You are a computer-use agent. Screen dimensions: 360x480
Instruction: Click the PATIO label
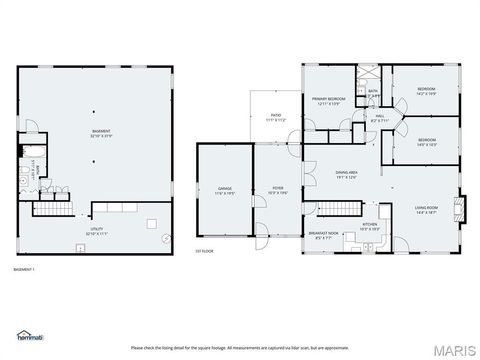276,116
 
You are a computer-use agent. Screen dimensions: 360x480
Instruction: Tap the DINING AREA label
347,173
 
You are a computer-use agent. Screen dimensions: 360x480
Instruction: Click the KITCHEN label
369,226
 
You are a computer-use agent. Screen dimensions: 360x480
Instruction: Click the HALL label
380,117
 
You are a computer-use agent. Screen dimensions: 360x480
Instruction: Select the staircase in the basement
54,209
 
